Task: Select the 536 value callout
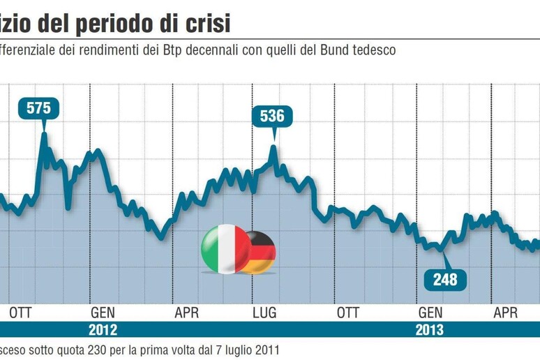click(x=272, y=116)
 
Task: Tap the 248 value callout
click(x=444, y=279)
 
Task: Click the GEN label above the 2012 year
click(x=102, y=312)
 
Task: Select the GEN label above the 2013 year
click(x=430, y=312)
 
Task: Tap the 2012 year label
click(x=102, y=330)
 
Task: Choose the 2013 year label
click(x=428, y=330)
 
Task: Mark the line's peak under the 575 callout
click(x=43, y=133)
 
